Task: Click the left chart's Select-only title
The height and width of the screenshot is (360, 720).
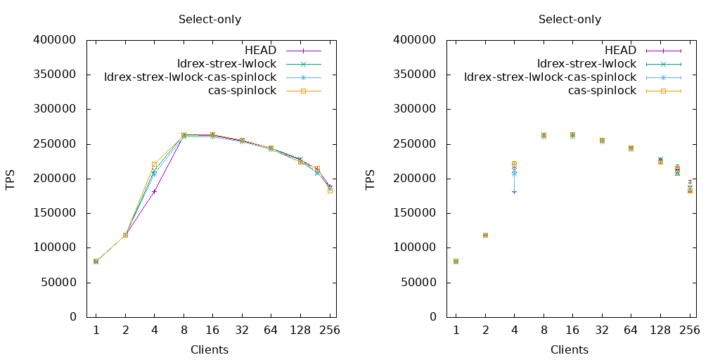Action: pos(210,19)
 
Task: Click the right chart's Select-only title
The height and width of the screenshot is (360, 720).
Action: pos(570,19)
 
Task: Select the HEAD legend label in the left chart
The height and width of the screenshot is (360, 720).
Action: pos(260,51)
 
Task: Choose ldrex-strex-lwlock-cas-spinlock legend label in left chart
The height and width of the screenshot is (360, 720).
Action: pos(190,77)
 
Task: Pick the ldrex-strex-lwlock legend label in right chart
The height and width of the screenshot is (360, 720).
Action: pos(586,64)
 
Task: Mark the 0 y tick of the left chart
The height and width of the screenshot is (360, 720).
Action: pos(72,317)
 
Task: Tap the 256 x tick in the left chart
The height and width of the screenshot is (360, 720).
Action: pos(330,330)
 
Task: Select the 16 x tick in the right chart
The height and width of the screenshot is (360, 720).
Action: pos(572,330)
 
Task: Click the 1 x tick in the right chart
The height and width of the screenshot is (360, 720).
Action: pos(456,330)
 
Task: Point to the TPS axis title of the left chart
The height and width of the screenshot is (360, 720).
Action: pos(11,179)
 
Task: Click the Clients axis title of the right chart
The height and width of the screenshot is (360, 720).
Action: pos(570,349)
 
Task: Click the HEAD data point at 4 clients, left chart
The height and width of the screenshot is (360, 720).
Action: pos(154,191)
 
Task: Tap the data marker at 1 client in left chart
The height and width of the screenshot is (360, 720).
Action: pos(96,261)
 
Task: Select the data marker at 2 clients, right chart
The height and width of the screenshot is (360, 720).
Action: pos(485,235)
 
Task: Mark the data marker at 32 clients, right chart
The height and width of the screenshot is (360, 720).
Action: pos(602,141)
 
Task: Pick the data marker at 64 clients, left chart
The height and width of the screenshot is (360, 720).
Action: pos(271,148)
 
